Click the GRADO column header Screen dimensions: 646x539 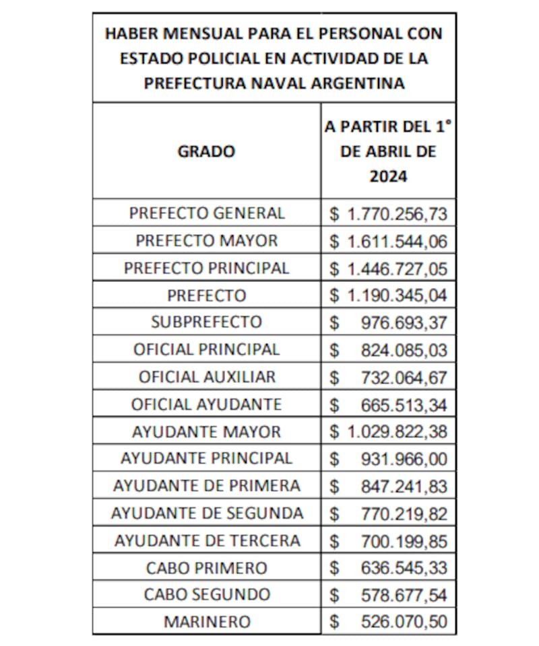(206, 151)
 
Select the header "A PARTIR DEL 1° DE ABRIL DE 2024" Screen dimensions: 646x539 (388, 151)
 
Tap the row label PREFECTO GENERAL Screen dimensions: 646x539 (207, 213)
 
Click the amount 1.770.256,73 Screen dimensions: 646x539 (397, 214)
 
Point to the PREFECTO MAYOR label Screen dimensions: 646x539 (206, 240)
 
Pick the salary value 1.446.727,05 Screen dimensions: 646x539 (397, 268)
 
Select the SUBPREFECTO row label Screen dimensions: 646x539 (206, 322)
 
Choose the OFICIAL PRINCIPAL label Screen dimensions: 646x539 (206, 349)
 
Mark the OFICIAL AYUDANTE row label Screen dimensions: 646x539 (206, 404)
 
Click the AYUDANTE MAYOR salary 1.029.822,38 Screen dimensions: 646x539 (397, 432)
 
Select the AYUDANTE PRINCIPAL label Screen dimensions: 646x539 (206, 459)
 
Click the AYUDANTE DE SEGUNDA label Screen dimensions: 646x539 (207, 513)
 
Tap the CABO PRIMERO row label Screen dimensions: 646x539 (206, 568)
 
